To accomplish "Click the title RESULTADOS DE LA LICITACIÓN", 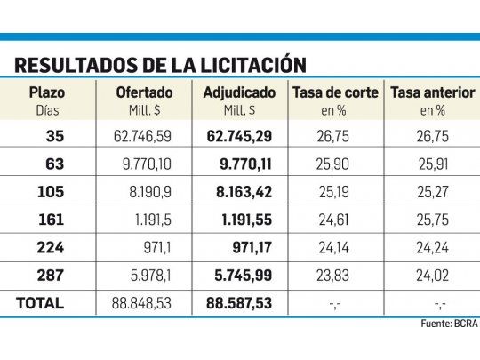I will pyautogui.click(x=161, y=65).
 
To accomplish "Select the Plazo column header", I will pyautogui.click(x=45, y=92).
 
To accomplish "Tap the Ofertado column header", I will pyautogui.click(x=144, y=92).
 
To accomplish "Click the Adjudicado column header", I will pyautogui.click(x=240, y=92).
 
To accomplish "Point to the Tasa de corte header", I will pyautogui.click(x=335, y=92).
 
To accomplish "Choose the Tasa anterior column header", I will pyautogui.click(x=432, y=92).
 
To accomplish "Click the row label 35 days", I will pyautogui.click(x=55, y=136).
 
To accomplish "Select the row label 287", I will pyautogui.click(x=52, y=275).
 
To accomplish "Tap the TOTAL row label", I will pyautogui.click(x=40, y=303).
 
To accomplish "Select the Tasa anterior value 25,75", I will pyautogui.click(x=433, y=219).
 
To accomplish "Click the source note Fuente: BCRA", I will pyautogui.click(x=448, y=324).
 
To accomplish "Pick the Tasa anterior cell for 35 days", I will pyautogui.click(x=433, y=136).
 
